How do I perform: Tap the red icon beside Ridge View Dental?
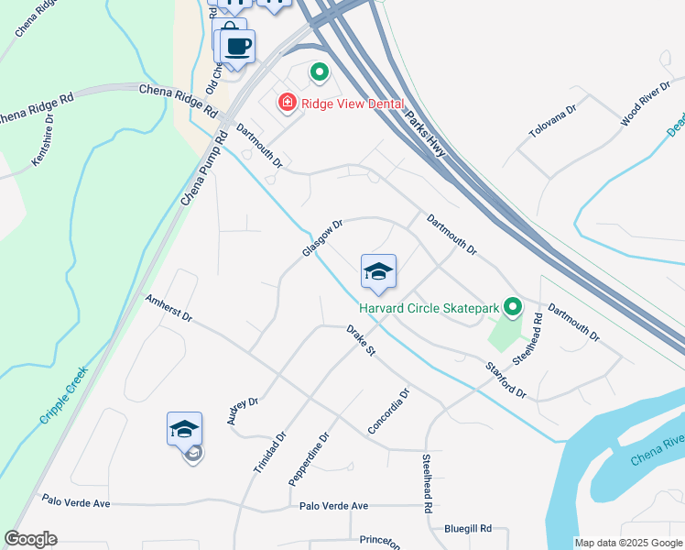point(287,102)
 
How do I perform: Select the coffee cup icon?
point(237,46)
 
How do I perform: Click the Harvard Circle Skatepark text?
point(429,308)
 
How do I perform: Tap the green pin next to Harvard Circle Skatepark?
point(513,306)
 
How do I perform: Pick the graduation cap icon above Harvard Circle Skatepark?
point(378,271)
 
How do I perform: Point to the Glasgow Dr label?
point(322,237)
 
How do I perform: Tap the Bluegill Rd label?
point(468,529)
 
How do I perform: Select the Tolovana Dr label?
point(552,122)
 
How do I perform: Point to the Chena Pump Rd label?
point(203,168)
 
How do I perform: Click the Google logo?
point(30,538)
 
